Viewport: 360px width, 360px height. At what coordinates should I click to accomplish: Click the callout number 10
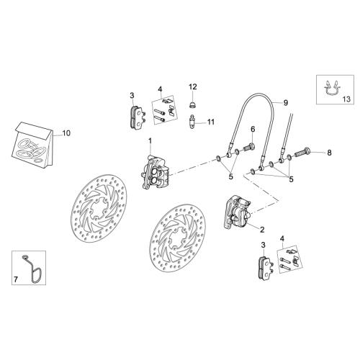[x=66, y=133]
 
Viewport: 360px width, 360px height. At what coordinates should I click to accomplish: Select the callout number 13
[x=346, y=99]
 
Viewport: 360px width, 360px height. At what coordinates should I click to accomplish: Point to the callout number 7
[x=16, y=279]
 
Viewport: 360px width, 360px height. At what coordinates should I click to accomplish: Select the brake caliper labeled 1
[x=155, y=172]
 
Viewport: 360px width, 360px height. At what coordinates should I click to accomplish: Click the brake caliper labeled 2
[x=237, y=212]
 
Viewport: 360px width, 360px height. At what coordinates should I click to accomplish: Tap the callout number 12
[x=193, y=86]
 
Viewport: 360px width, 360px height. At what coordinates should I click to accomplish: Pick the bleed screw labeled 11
[x=192, y=122]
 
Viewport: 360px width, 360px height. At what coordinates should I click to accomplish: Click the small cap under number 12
[x=192, y=105]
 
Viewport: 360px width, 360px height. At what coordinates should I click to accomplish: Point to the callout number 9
[x=285, y=103]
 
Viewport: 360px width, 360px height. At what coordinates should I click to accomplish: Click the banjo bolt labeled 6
[x=249, y=146]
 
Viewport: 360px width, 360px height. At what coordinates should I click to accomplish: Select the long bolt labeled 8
[x=302, y=151]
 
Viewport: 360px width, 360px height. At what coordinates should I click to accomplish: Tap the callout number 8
[x=329, y=153]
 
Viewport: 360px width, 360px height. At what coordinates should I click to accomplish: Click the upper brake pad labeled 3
[x=138, y=117]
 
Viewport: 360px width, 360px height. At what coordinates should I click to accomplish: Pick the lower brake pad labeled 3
[x=266, y=267]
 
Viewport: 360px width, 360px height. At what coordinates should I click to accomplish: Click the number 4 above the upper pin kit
[x=160, y=89]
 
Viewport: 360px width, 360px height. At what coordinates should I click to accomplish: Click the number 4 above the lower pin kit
[x=282, y=238]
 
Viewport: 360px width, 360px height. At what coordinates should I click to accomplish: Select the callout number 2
[x=262, y=230]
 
